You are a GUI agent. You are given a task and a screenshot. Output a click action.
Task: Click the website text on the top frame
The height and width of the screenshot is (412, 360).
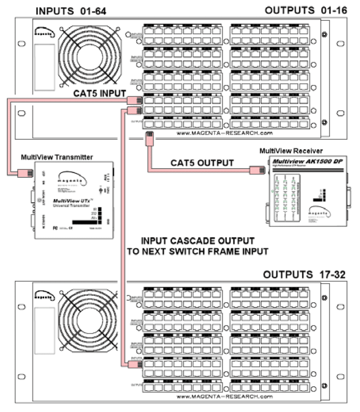point(231,132)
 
